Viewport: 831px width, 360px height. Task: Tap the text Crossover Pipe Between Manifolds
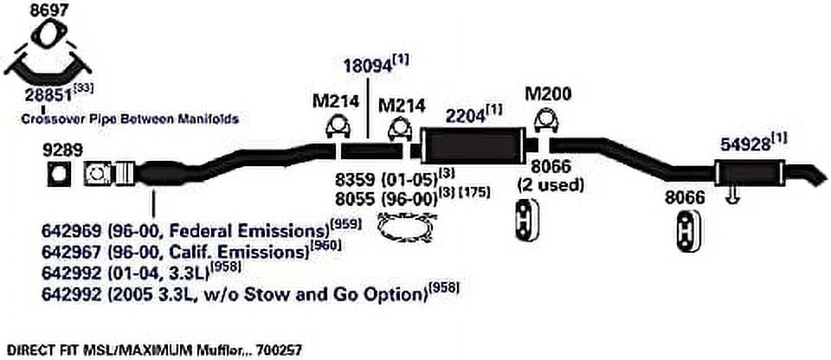pyautogui.click(x=130, y=119)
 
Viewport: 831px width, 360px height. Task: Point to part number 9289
pyautogui.click(x=63, y=150)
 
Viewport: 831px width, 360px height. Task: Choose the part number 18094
pyautogui.click(x=368, y=67)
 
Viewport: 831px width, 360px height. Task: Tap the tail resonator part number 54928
pyautogui.click(x=745, y=145)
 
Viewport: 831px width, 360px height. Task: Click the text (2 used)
pyautogui.click(x=551, y=185)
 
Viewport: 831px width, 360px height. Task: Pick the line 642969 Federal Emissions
pyautogui.click(x=186, y=232)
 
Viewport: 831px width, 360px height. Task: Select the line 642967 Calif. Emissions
pyautogui.click(x=176, y=249)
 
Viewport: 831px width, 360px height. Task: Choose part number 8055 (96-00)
pyautogui.click(x=384, y=200)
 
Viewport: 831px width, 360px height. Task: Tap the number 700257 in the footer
pyautogui.click(x=280, y=350)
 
